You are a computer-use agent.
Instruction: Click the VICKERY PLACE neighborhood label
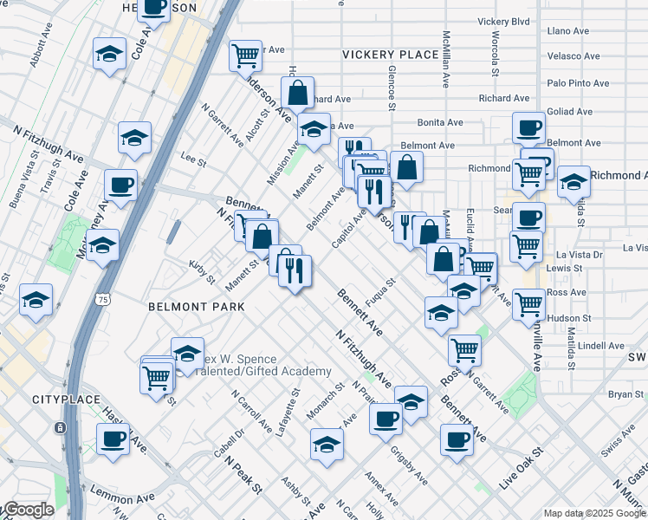(x=390, y=55)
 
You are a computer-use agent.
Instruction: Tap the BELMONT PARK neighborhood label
(x=196, y=307)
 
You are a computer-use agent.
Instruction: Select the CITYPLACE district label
(x=62, y=400)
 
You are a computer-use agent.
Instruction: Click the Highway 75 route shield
(x=103, y=299)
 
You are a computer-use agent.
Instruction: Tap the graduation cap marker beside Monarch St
(x=327, y=444)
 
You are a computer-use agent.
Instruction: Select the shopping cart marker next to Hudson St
(x=528, y=304)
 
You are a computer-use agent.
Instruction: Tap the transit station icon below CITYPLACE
(x=59, y=427)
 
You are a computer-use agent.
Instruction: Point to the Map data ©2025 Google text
(x=593, y=513)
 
